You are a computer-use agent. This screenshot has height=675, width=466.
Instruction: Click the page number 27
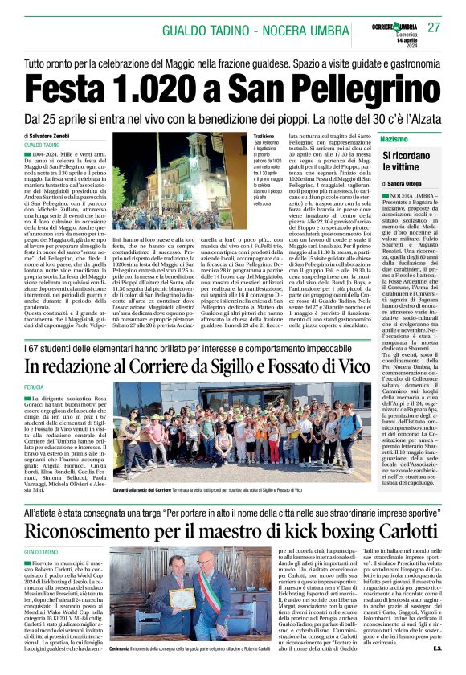pos(433,27)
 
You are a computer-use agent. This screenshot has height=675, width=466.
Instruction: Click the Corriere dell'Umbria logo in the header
pos(394,25)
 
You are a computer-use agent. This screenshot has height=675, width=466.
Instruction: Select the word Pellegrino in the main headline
pos(371,86)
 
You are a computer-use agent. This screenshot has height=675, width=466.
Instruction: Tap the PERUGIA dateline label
pos(35,386)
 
